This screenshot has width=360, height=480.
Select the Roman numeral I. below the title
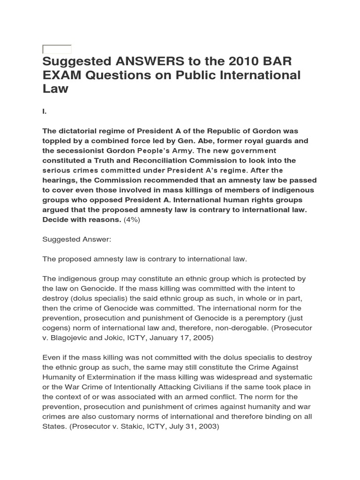pos(45,112)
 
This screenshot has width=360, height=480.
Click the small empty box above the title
pos(57,49)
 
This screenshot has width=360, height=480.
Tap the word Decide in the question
pos(56,220)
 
